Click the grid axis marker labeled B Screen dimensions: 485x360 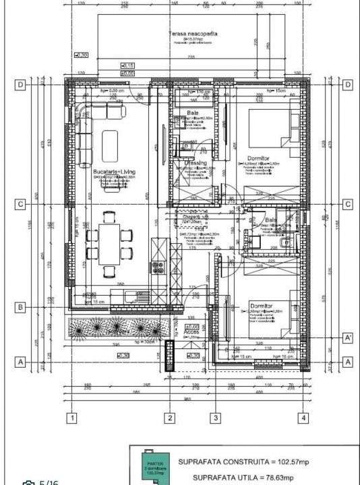[x=21, y=308]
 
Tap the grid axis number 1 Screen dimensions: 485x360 [x=71, y=418]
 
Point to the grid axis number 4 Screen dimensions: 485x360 [x=304, y=418]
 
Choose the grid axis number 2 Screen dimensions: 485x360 [x=170, y=418]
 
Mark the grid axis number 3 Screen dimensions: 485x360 [x=216, y=418]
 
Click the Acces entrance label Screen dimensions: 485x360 [x=192, y=333]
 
